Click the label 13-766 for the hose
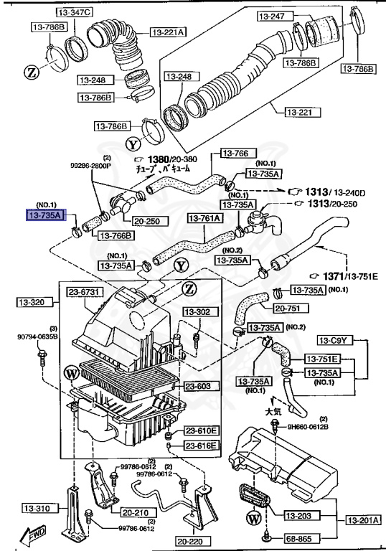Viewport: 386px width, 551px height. click(233, 152)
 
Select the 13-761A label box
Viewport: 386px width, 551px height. click(206, 217)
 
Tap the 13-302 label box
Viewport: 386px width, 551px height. click(195, 313)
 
